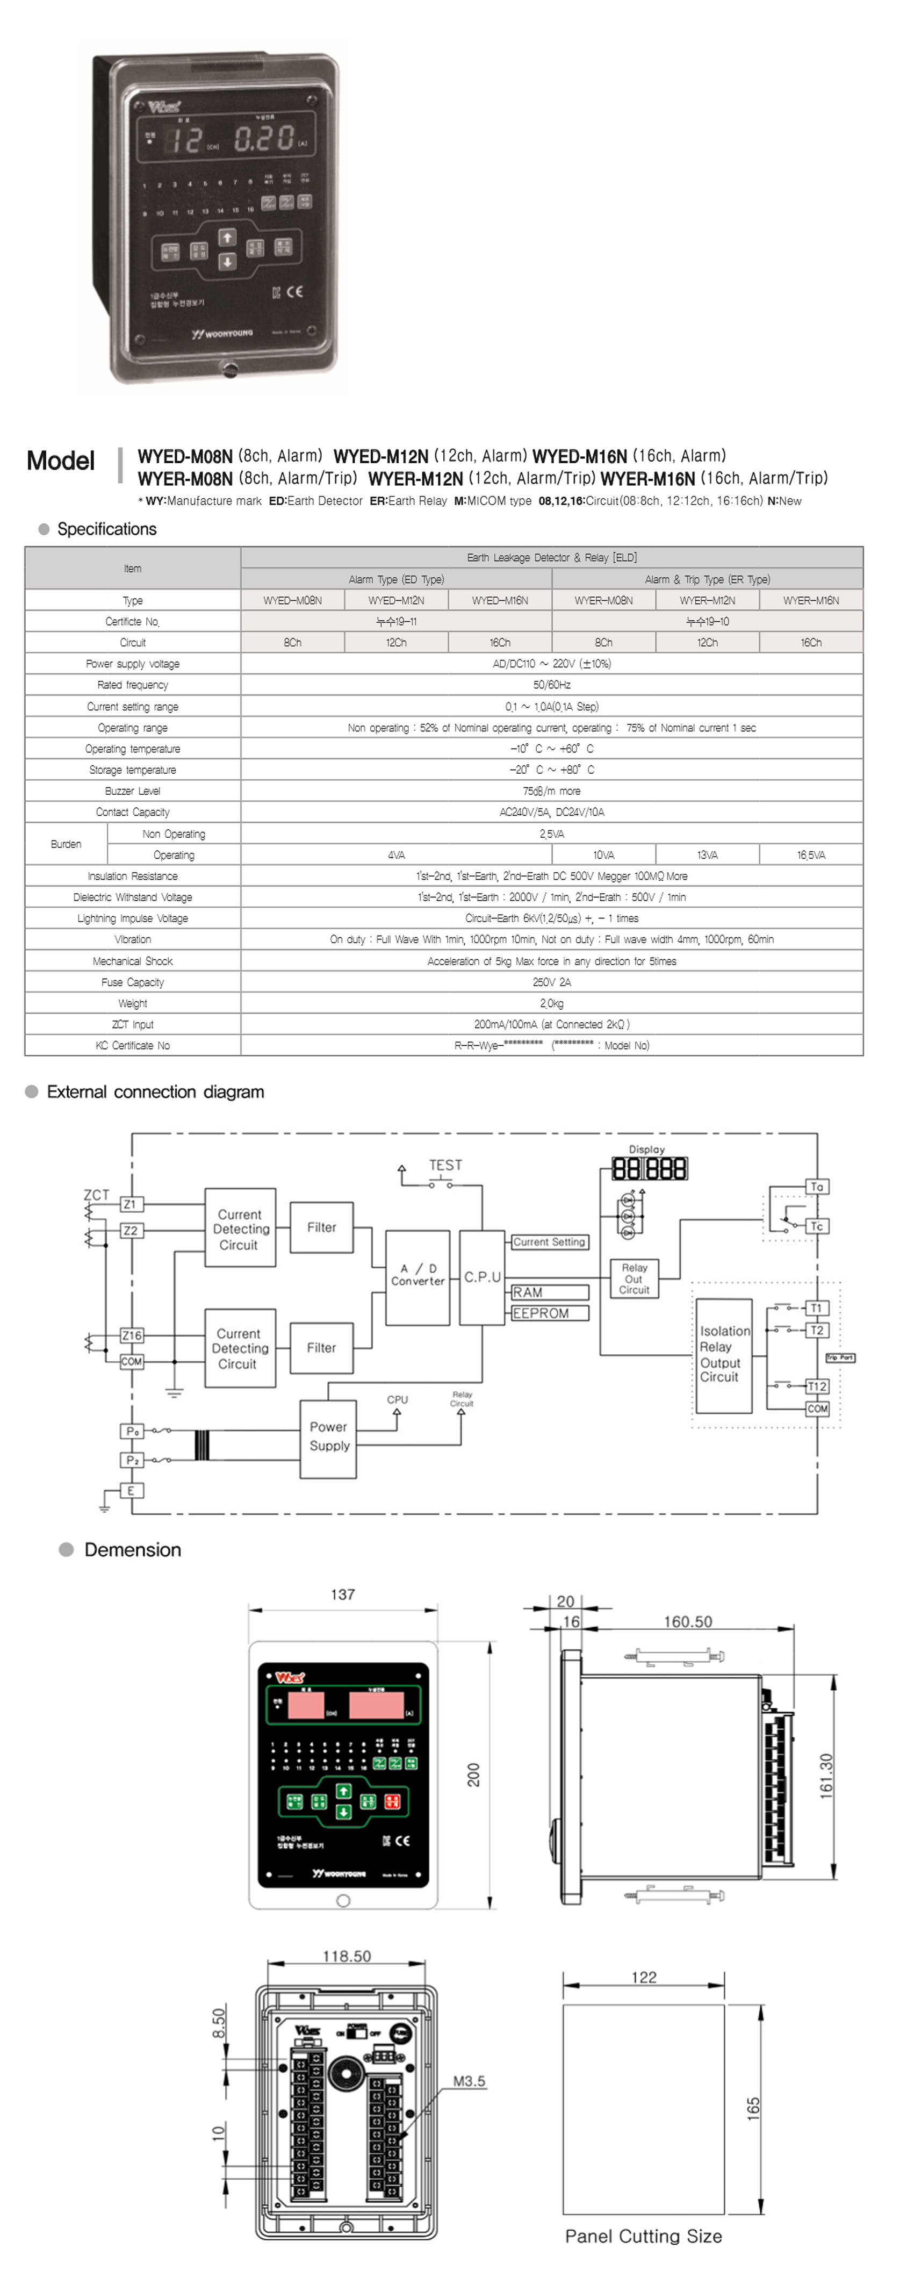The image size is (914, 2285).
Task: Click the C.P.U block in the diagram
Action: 483,1277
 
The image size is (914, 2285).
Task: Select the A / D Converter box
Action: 418,1276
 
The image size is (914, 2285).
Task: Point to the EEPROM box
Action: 550,1314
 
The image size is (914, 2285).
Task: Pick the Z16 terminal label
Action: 131,1335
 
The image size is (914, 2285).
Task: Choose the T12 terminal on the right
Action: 817,1386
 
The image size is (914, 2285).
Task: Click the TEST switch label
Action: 445,1166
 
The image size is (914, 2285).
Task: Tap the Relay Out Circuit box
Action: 634,1279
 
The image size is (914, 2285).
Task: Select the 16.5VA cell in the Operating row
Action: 810,855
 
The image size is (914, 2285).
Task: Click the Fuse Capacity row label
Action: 132,982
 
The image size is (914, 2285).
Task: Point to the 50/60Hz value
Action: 551,685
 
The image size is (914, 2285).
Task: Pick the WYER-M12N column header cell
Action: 707,600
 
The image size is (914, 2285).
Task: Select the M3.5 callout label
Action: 469,2081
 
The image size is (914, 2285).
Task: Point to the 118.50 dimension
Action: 347,1956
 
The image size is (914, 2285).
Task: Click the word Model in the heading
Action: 60,461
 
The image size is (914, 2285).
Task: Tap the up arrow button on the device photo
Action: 227,238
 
